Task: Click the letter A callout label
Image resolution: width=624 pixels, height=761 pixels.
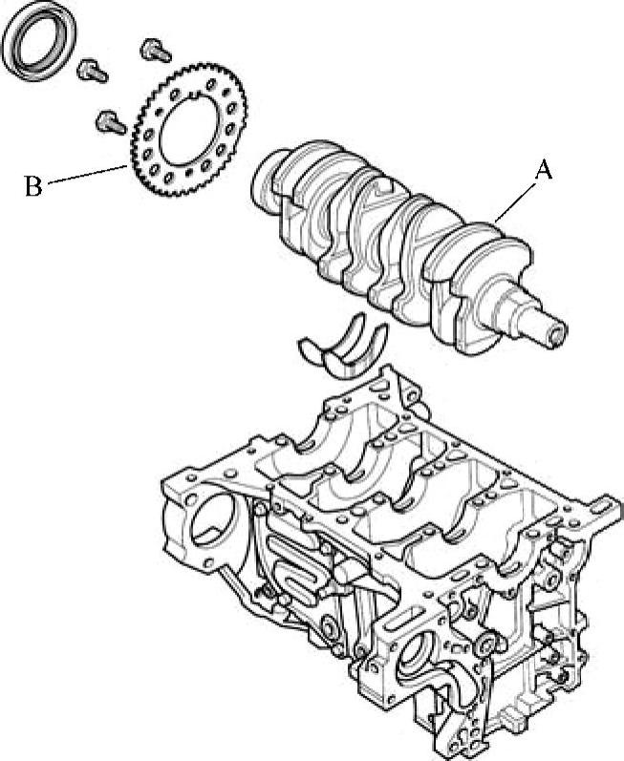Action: click(544, 171)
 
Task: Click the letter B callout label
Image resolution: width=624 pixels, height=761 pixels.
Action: click(33, 186)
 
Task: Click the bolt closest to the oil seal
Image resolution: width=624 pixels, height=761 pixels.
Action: click(93, 71)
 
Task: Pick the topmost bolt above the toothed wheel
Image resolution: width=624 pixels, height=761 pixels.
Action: click(156, 51)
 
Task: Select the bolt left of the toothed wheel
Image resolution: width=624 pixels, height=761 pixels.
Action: click(111, 122)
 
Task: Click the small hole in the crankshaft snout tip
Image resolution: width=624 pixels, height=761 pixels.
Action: click(556, 334)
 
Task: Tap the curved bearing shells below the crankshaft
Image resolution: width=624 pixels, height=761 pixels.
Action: click(346, 347)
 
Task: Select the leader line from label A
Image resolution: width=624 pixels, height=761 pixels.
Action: click(516, 201)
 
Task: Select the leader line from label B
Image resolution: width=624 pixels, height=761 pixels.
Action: click(88, 174)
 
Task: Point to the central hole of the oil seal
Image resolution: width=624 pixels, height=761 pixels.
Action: click(38, 40)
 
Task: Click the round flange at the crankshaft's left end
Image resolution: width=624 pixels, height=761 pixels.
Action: click(266, 182)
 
